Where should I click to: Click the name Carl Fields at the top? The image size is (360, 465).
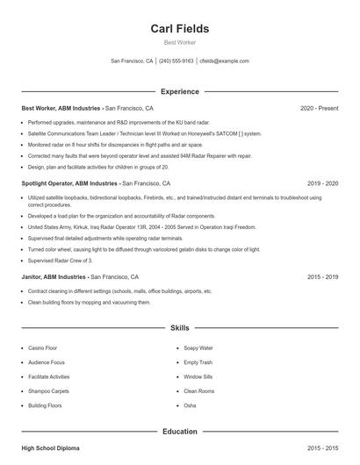pos(179,28)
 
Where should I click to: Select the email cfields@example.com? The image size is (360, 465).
pos(224,61)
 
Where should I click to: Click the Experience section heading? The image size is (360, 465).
pos(179,91)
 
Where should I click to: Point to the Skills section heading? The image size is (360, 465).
pos(179,328)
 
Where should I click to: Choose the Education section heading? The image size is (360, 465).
pos(179,432)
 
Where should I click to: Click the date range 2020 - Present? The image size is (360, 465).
pos(319,108)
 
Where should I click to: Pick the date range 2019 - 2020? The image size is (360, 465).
pos(323,183)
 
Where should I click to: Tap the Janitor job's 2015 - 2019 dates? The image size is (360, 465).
pos(323,276)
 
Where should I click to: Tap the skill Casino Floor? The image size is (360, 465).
pos(42,347)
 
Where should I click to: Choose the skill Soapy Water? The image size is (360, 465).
pos(198,347)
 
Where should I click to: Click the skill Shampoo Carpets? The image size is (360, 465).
pos(47,391)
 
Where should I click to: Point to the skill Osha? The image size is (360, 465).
pos(190,405)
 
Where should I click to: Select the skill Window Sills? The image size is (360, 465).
pos(198,376)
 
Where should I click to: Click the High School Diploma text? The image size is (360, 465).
pos(50,448)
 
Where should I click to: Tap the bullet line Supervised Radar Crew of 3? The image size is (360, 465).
pos(60,261)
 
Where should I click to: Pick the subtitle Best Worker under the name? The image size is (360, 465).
pos(179,43)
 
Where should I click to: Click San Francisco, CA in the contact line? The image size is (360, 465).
pos(132,61)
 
